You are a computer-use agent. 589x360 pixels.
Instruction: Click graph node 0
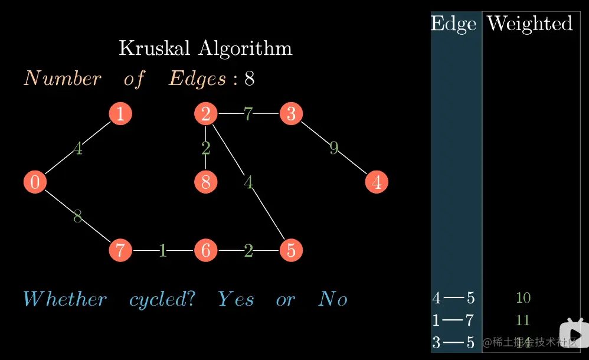point(35,182)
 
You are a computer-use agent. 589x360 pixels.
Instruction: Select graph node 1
point(120,114)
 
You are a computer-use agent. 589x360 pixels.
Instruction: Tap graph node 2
point(205,114)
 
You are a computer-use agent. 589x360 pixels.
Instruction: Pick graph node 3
point(291,114)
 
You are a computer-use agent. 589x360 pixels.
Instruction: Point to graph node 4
point(377,182)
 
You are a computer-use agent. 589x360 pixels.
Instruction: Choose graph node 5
point(291,251)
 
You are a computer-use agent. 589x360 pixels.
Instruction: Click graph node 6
point(205,251)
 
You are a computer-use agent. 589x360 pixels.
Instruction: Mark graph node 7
point(120,251)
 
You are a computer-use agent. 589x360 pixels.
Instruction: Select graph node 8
point(205,182)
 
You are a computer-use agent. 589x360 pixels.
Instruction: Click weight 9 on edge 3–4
point(334,148)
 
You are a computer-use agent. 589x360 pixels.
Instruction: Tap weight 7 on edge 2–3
point(248,114)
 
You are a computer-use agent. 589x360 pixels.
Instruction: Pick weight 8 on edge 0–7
point(77,217)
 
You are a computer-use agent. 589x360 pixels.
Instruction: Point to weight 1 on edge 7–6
point(163,251)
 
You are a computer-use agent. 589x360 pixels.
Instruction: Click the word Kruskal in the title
point(156,48)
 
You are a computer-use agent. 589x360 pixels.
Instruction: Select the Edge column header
point(453,24)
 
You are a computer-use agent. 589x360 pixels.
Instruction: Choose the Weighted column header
point(529,24)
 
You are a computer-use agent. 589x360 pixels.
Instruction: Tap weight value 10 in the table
point(523,297)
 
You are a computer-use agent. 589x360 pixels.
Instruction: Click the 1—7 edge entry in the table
point(453,320)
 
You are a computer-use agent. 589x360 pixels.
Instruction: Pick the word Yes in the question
point(235,299)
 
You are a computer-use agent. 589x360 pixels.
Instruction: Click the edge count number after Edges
point(250,79)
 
